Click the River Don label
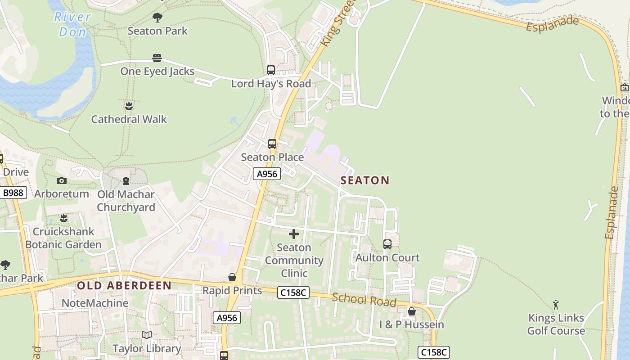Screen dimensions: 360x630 point(72,24)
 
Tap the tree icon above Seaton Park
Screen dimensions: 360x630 point(157,18)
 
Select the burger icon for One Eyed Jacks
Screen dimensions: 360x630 point(157,58)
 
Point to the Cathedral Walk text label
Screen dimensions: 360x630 point(129,119)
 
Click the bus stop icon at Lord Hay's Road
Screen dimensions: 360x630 point(270,70)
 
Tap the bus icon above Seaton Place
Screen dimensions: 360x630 point(272,144)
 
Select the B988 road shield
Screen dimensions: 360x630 point(13,193)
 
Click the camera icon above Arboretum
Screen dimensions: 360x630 point(62,180)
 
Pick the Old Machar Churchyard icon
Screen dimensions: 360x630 point(126,181)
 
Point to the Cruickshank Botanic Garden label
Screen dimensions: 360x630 point(63,238)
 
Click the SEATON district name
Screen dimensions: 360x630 point(365,180)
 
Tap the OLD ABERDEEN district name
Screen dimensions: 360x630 point(124,285)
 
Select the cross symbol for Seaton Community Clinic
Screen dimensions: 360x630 point(294,234)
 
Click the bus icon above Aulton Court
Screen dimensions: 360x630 point(387,244)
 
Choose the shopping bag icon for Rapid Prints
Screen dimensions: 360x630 point(232,277)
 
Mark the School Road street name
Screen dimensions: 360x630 point(364,300)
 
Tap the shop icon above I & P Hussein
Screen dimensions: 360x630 point(411,311)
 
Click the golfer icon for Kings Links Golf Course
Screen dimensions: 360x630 point(556,305)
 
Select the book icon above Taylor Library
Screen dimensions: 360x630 point(147,335)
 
